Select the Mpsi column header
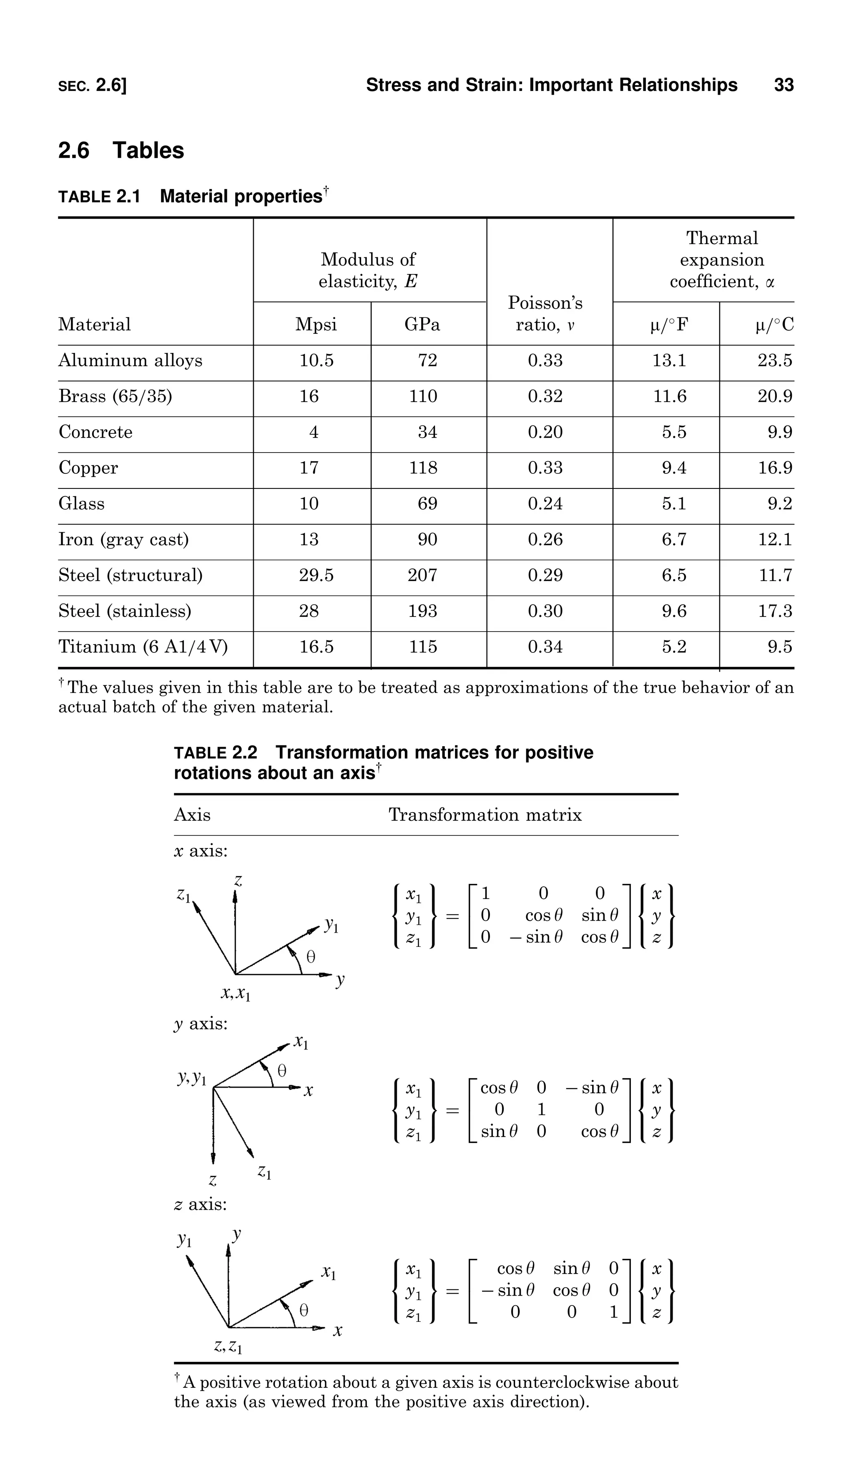316,324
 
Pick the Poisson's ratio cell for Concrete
545,432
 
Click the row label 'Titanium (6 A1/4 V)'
143,646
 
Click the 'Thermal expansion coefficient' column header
722,259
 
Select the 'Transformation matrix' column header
485,815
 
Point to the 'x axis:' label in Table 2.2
201,851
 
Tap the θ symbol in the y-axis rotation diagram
282,1070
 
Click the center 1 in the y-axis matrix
541,1109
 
